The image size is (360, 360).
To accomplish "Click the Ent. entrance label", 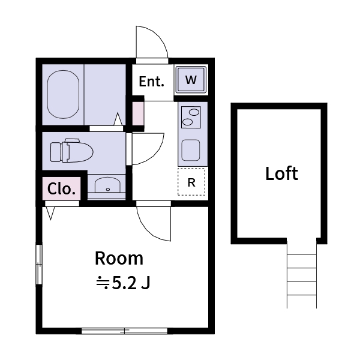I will pyautogui.click(x=151, y=82).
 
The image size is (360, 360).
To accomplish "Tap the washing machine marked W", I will pyautogui.click(x=191, y=80).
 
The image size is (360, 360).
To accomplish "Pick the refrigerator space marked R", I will pyautogui.click(x=191, y=182).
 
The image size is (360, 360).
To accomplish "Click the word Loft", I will pyautogui.click(x=281, y=174).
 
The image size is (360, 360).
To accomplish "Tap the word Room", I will pyautogui.click(x=119, y=259).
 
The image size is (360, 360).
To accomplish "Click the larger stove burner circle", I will pyautogui.click(x=193, y=112).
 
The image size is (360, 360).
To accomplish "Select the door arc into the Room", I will pyautogui.click(x=155, y=223).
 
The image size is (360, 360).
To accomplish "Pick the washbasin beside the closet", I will pyautogui.click(x=107, y=185).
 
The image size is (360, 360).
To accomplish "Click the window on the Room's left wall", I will pyautogui.click(x=39, y=264).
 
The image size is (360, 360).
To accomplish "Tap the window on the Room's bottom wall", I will pyautogui.click(x=124, y=330).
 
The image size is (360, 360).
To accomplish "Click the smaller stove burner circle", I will pyautogui.click(x=188, y=122).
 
